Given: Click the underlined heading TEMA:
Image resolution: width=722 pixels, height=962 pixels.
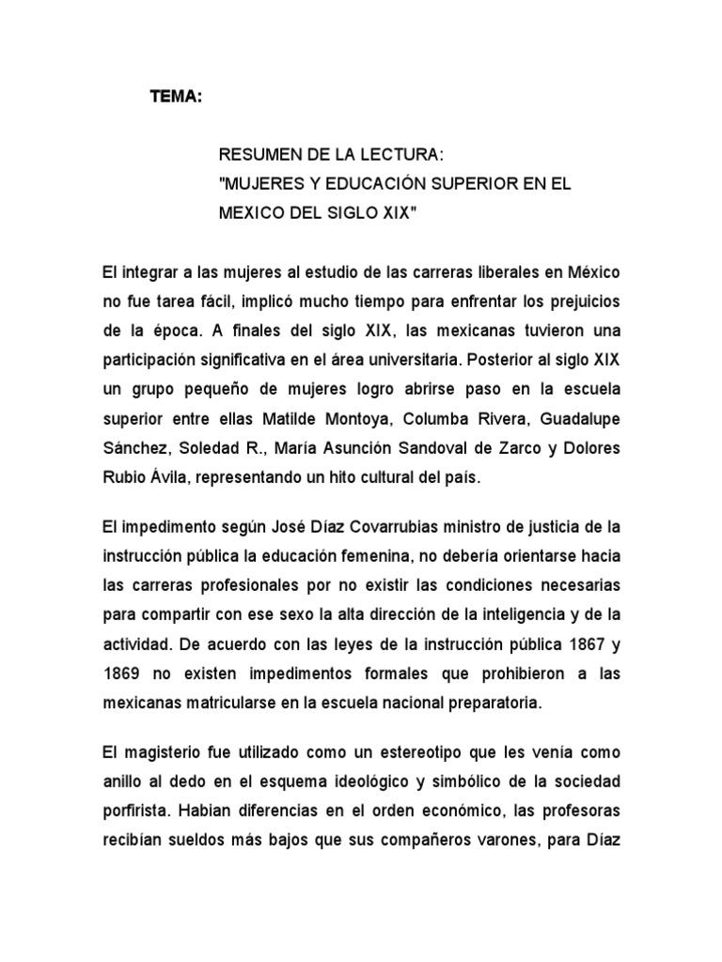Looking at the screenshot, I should point(176,97).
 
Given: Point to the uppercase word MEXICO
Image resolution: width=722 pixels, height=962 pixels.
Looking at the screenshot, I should point(251,213).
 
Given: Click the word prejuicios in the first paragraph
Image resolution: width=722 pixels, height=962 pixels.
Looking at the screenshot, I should point(578,302).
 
